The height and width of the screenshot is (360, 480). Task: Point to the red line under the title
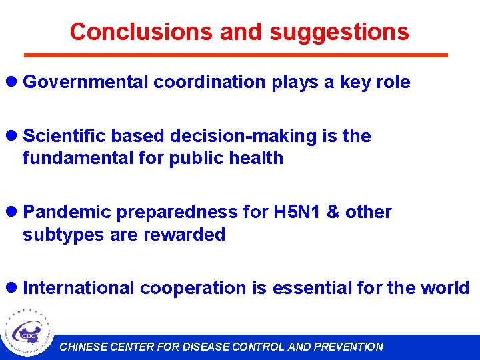pos(235,55)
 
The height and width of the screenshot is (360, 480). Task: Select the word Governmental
pos(86,82)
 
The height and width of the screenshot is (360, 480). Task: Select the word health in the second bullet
pos(255,158)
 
